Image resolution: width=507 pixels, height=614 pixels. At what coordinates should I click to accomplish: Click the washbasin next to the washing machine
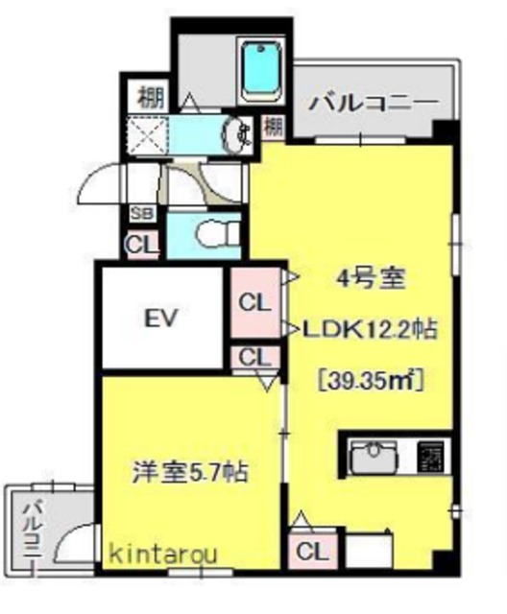point(236,134)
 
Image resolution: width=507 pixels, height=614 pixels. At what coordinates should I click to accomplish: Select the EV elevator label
point(162,319)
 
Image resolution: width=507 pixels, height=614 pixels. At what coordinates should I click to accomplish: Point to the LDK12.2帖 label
point(371,330)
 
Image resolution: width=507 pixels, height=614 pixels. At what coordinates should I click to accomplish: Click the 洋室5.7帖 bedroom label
point(190,472)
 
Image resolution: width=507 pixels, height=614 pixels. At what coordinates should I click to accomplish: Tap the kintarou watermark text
point(159,554)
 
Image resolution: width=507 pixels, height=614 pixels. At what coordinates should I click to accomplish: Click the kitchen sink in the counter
point(374,456)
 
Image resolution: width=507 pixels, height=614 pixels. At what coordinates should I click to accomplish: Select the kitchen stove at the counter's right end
point(431,456)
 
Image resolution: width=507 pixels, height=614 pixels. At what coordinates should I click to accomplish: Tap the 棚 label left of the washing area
point(148,96)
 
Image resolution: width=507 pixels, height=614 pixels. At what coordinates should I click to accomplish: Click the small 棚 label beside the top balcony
point(274,125)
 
